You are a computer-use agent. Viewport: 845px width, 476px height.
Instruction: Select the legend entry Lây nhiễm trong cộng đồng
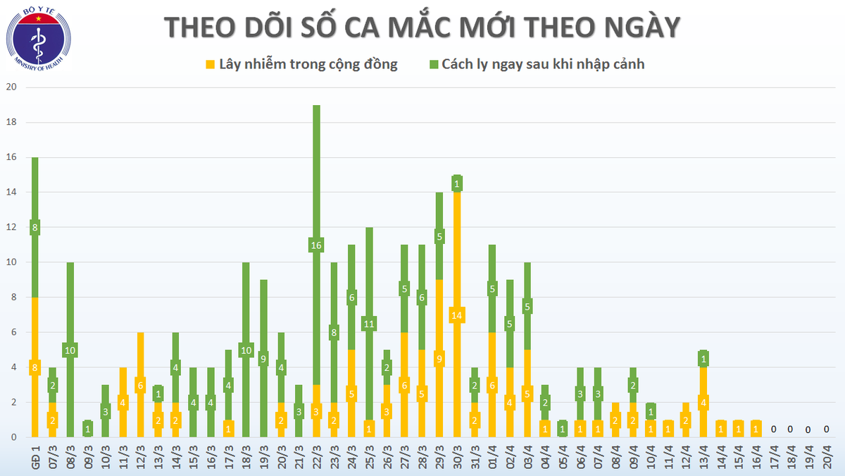(x=308, y=64)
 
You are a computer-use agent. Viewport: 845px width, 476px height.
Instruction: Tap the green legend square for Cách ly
(x=433, y=64)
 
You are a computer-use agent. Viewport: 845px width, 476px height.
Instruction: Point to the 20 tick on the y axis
(x=11, y=87)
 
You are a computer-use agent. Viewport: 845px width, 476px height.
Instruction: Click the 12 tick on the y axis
(x=11, y=227)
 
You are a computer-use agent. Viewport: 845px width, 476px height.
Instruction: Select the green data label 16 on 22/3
(x=316, y=245)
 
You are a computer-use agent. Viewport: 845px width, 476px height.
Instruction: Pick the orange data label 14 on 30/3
(x=457, y=315)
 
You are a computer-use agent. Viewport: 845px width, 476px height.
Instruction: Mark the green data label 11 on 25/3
(x=369, y=324)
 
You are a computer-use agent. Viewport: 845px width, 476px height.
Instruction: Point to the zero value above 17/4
(x=773, y=429)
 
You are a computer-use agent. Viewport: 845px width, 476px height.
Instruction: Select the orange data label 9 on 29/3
(x=439, y=359)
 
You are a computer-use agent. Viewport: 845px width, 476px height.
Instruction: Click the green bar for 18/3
(x=246, y=296)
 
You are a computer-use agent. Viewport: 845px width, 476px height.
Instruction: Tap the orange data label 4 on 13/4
(x=703, y=403)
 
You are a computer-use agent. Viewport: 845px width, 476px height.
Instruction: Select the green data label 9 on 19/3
(x=263, y=359)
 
